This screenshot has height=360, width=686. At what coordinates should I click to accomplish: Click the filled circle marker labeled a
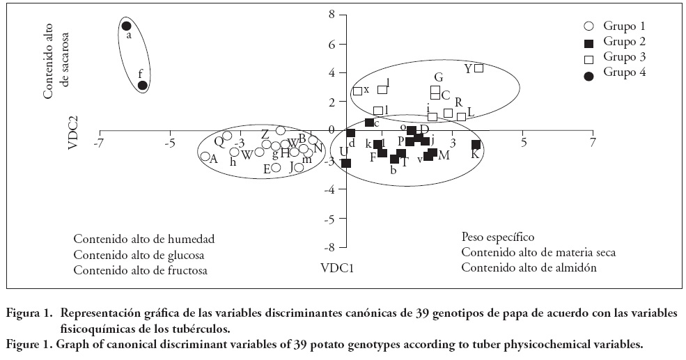click(126, 26)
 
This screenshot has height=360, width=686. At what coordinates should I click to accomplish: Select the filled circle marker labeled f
click(142, 86)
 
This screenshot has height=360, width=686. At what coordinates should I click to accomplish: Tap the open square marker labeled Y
click(478, 68)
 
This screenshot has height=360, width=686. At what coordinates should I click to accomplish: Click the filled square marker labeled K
click(476, 145)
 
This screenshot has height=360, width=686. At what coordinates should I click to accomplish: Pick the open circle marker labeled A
click(205, 157)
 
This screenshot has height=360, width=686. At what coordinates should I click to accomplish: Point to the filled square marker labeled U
click(346, 163)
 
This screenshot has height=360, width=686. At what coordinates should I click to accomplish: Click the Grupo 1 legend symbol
click(588, 26)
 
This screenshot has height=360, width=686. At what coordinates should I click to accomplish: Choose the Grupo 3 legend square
click(588, 57)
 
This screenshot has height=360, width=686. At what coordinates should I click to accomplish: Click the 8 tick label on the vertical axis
click(332, 14)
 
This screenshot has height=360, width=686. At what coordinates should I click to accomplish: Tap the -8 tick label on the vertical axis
click(330, 246)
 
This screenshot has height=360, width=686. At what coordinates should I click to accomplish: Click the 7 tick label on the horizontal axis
click(593, 142)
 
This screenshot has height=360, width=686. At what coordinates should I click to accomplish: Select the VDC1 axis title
click(337, 267)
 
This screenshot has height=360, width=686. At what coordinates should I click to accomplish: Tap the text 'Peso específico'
click(498, 237)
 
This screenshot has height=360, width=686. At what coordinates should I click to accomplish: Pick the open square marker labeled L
click(461, 117)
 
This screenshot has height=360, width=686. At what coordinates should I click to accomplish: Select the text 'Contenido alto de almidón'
click(529, 267)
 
